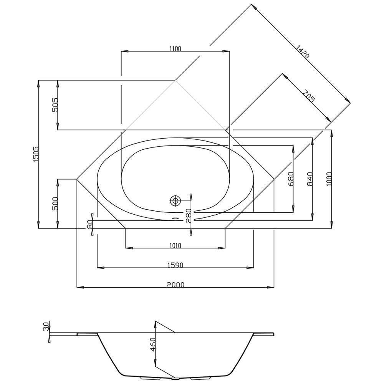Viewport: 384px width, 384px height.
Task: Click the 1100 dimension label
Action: click(x=175, y=49)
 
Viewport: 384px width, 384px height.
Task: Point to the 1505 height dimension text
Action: click(x=35, y=154)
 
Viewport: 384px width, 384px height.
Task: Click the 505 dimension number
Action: click(x=55, y=105)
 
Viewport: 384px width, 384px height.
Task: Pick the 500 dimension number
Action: click(x=55, y=204)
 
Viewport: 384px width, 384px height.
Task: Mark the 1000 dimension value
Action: click(x=329, y=179)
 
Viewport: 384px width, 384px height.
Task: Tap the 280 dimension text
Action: click(x=188, y=215)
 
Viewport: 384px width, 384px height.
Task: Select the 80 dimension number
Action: click(x=89, y=224)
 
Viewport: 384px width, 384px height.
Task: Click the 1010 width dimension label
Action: click(x=175, y=245)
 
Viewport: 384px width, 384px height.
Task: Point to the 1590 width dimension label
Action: click(x=175, y=265)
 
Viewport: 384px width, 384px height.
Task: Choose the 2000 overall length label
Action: click(x=175, y=285)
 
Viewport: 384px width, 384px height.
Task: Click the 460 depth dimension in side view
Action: click(x=153, y=344)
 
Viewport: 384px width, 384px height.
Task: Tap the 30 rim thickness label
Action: click(x=46, y=327)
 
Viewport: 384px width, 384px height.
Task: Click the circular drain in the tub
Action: click(x=175, y=201)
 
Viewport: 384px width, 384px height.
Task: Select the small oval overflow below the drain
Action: click(x=175, y=218)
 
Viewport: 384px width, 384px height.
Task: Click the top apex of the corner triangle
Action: click(x=175, y=80)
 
